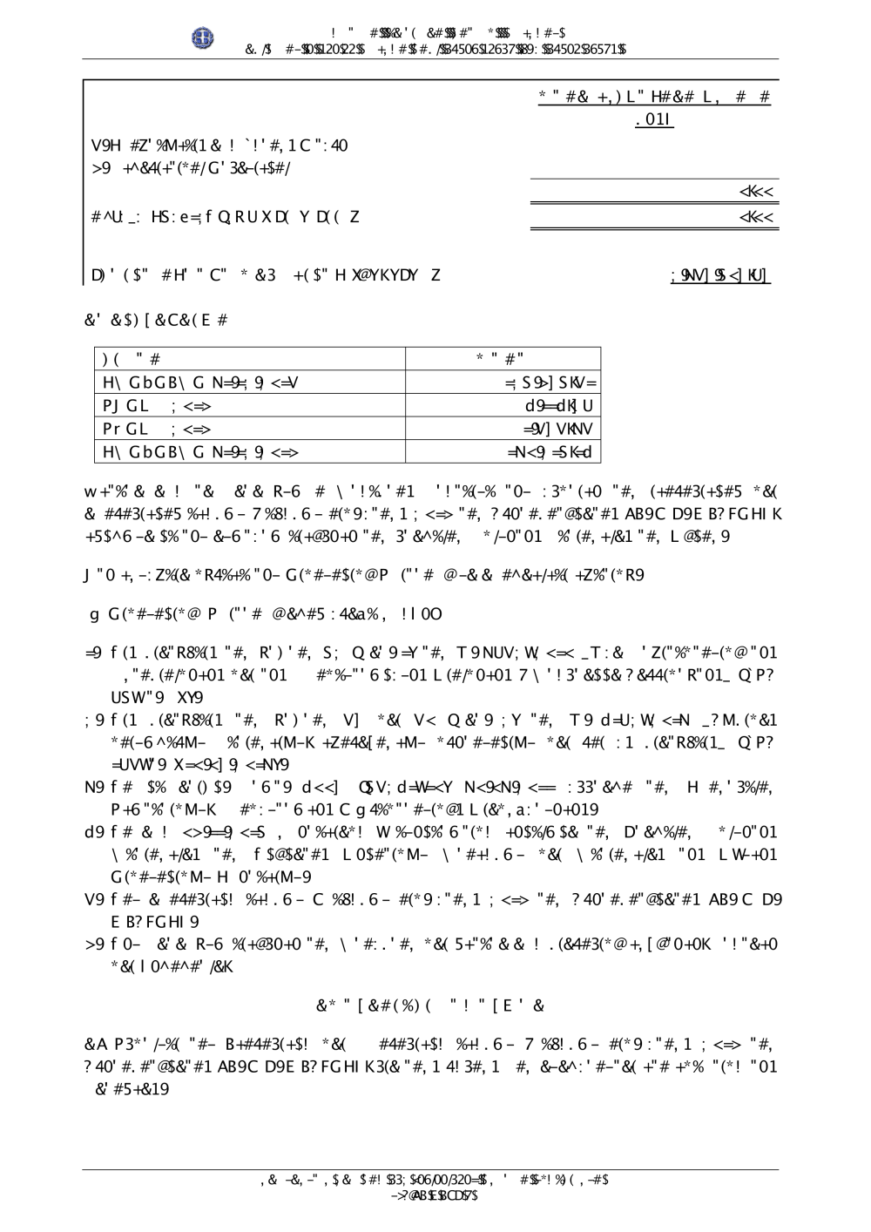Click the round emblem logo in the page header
[203, 37]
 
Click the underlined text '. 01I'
[655, 120]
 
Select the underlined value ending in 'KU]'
[720, 275]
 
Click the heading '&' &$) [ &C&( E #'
[156, 321]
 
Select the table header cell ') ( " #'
[132, 358]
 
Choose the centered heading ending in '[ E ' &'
[430, 1005]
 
